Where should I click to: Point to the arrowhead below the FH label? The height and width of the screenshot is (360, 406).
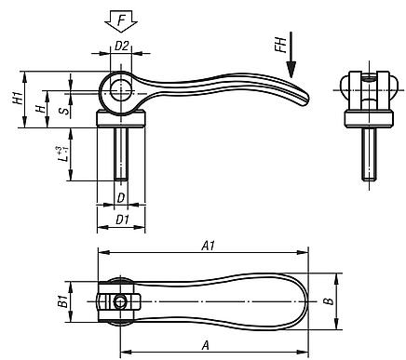(291, 74)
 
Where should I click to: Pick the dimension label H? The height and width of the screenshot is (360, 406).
(38, 108)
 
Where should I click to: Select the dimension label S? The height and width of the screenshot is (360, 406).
(62, 111)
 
